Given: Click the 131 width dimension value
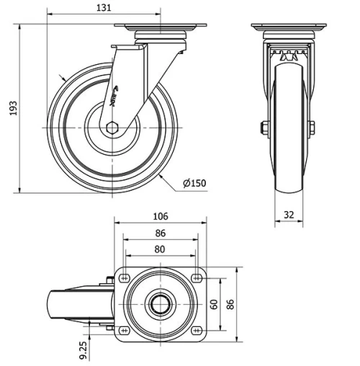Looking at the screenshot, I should click(104, 7).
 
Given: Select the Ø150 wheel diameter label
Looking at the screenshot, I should click(194, 183).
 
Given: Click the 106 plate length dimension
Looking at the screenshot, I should click(160, 216).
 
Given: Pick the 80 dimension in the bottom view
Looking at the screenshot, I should click(160, 249).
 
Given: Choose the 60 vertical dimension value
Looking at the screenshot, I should click(213, 303).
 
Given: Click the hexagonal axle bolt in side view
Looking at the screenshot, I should click(112, 128).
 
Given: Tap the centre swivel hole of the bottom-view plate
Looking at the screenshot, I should click(160, 303).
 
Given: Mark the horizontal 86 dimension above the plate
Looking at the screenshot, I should click(160, 233).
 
